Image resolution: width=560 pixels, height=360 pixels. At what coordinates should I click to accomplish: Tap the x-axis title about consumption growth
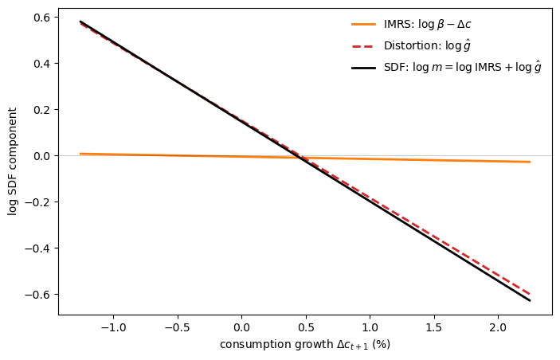point(305,345)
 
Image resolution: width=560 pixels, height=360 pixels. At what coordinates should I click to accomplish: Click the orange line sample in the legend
point(363,25)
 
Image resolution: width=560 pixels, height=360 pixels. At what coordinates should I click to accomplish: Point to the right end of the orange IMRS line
point(530,162)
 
